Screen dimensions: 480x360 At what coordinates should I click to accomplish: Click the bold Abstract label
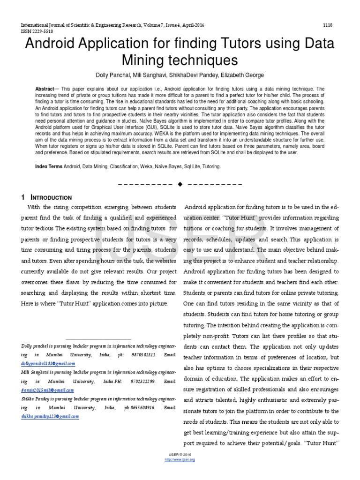[x=45, y=89]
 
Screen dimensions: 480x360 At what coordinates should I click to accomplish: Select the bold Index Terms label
[x=49, y=166]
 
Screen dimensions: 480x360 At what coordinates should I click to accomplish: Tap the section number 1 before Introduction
[x=23, y=197]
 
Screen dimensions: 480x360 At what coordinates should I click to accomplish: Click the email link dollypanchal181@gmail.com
[x=48, y=363]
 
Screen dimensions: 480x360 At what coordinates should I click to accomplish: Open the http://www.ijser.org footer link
[x=180, y=460]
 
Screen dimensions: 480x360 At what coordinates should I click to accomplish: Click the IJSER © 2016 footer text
[x=180, y=455]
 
